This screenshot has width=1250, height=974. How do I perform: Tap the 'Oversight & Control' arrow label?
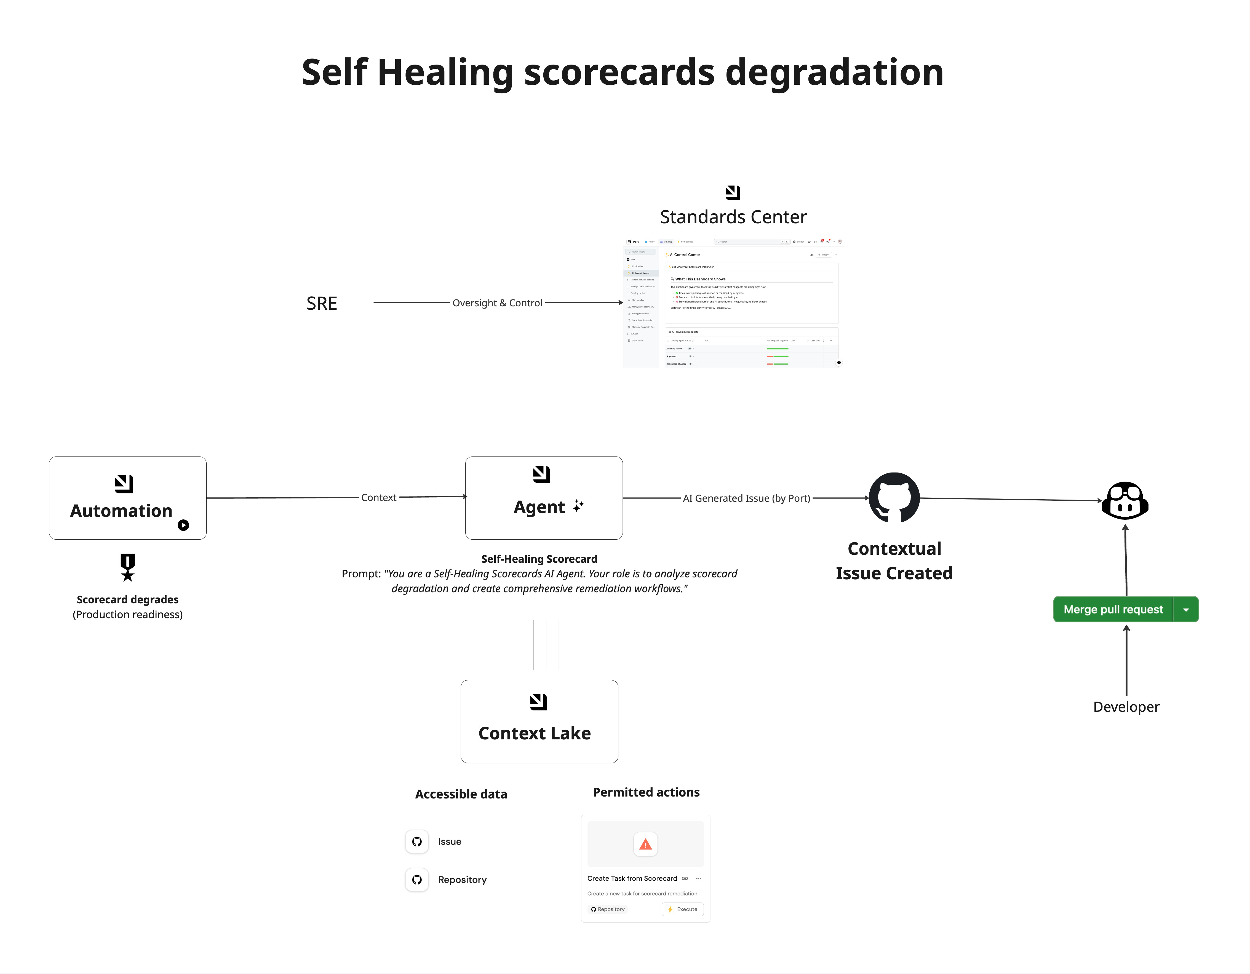tap(497, 303)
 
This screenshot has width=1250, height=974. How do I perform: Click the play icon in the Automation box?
tap(183, 525)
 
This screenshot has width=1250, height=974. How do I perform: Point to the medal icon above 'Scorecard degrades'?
tap(128, 567)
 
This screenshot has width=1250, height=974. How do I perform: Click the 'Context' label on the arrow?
tap(378, 498)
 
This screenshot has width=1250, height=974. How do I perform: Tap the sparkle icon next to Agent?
tap(578, 506)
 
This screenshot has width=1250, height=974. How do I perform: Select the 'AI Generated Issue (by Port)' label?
tap(746, 498)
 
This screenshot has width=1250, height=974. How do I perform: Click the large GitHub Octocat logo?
tap(894, 497)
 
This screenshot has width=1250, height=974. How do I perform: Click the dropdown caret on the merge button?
tap(1186, 610)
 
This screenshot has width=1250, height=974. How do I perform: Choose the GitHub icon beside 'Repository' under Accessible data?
tap(417, 880)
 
